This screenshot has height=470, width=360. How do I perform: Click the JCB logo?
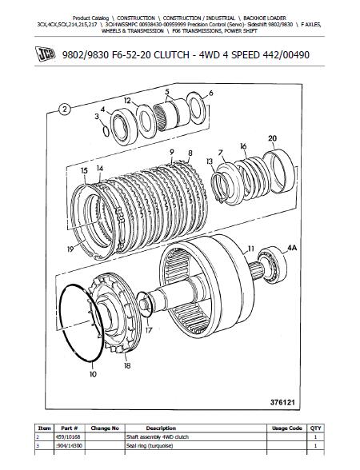[46, 54]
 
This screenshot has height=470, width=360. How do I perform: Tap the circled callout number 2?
[65, 110]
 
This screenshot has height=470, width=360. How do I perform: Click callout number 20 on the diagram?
[272, 138]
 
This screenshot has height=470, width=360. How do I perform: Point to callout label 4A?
[292, 248]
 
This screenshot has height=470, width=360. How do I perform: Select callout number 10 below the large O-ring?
[93, 374]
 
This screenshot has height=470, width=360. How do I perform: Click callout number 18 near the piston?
[127, 366]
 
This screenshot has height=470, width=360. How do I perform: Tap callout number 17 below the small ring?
[149, 330]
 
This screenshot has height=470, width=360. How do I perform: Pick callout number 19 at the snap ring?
[70, 249]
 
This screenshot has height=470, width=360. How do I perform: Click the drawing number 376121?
[282, 402]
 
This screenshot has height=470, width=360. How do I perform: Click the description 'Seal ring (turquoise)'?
[150, 446]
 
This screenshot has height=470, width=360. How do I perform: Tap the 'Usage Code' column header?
[286, 428]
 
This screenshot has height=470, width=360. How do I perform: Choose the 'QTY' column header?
[315, 428]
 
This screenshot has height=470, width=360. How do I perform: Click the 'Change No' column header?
[105, 428]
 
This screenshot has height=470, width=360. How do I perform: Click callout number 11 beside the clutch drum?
[251, 249]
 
